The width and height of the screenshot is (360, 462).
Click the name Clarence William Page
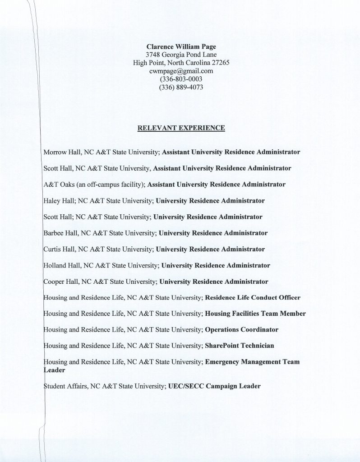tap(181, 46)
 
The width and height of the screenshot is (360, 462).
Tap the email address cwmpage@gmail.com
tap(181, 71)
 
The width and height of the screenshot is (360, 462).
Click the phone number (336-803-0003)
tap(181, 79)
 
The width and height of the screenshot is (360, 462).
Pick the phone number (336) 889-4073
tap(181, 87)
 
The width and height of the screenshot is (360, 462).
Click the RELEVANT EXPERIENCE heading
tap(181, 128)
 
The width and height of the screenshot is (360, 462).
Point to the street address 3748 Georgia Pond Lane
tap(181, 55)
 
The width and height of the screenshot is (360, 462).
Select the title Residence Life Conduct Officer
tap(253, 298)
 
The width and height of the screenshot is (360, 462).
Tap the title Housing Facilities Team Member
tap(255, 314)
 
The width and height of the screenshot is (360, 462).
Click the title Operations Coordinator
tap(241, 330)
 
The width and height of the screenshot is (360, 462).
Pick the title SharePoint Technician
tap(239, 346)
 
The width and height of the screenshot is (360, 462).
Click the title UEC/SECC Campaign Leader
tap(214, 386)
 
